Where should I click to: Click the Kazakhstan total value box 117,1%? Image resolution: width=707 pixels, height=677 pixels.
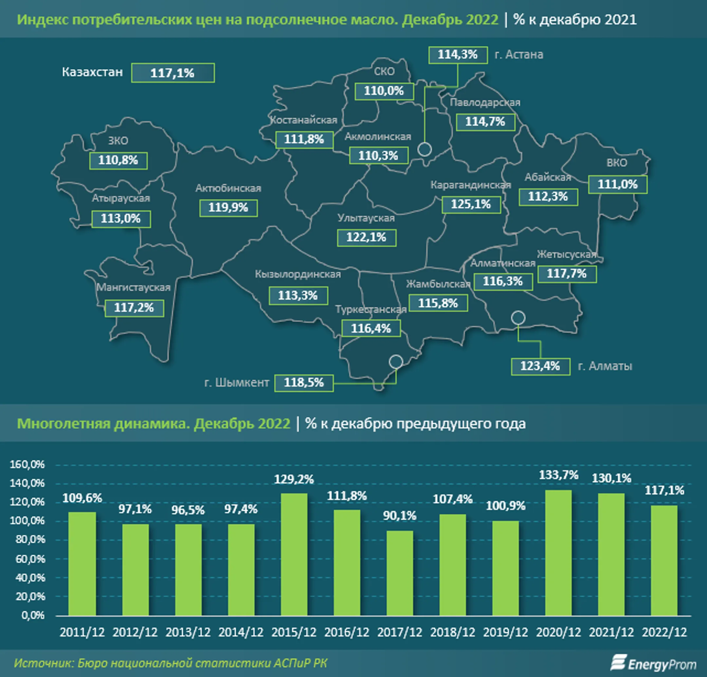click(x=173, y=73)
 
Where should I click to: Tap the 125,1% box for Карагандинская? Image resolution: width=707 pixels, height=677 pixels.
click(x=471, y=205)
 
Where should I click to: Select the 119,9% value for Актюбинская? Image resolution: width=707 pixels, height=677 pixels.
click(x=228, y=208)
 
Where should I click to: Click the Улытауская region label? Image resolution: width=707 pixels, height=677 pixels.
click(x=366, y=218)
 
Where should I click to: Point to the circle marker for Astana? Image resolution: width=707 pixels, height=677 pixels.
click(x=425, y=149)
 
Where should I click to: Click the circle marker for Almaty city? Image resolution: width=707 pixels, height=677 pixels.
click(x=518, y=318)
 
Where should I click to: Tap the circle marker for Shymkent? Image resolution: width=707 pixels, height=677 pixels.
click(x=396, y=361)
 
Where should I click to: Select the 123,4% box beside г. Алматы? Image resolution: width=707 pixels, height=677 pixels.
click(x=540, y=366)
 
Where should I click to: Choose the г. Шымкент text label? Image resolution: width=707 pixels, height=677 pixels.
click(x=237, y=382)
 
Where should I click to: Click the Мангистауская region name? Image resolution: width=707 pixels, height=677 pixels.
click(x=133, y=288)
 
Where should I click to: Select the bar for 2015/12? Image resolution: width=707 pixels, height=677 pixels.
click(x=294, y=554)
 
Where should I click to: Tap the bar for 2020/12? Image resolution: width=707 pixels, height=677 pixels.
click(x=558, y=553)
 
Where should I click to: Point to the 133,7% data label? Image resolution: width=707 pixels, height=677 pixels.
click(x=558, y=475)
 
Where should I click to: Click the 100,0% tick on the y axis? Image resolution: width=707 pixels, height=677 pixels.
click(x=27, y=521)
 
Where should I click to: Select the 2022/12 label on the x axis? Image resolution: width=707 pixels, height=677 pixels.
click(x=664, y=632)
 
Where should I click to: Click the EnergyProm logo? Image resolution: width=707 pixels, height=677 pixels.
click(x=653, y=664)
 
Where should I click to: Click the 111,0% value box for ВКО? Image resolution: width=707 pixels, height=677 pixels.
click(x=618, y=184)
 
